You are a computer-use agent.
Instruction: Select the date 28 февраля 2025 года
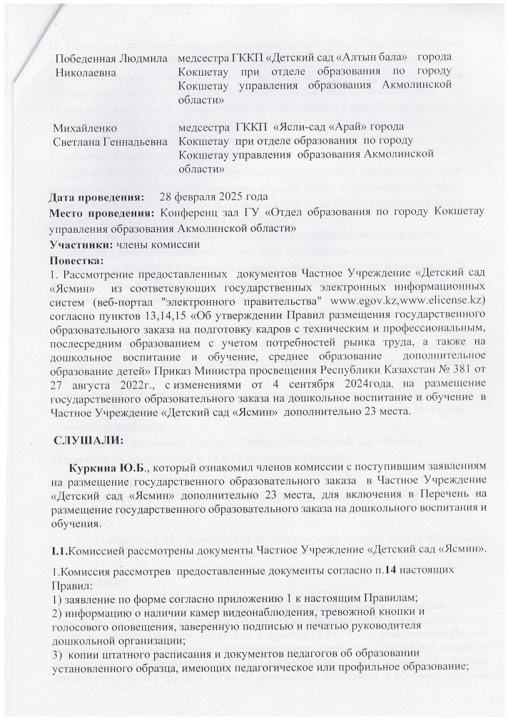[x=214, y=196]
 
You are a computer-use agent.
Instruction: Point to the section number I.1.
[x=59, y=549]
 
